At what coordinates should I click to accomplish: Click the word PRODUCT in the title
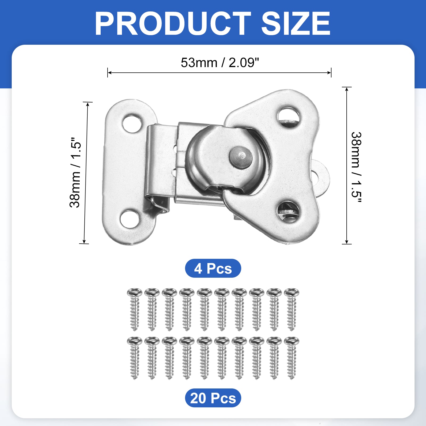(173, 23)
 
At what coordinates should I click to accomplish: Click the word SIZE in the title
(296, 23)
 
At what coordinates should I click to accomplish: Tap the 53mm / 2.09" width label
(220, 63)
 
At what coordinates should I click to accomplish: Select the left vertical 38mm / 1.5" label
(75, 173)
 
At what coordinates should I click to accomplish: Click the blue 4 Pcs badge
(213, 268)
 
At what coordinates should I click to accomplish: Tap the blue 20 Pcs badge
(213, 398)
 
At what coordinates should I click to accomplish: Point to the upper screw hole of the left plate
(132, 124)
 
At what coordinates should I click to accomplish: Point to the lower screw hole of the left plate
(130, 219)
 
